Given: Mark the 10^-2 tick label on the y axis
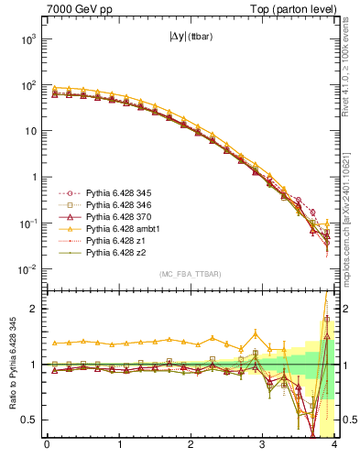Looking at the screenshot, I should click(26, 269).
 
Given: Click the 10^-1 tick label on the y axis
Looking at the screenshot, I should click(26, 224).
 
